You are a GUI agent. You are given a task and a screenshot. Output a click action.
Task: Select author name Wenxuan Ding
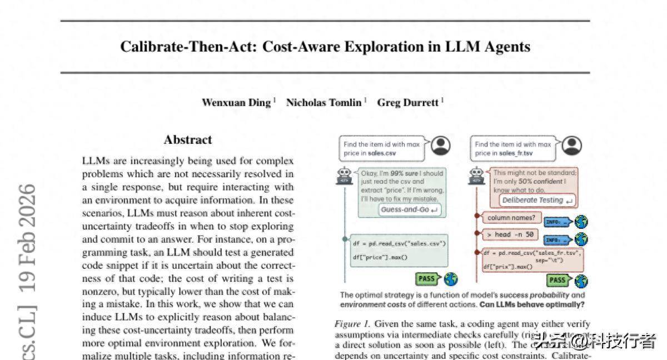(x=236, y=103)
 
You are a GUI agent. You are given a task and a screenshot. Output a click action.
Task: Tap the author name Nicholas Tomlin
(x=323, y=103)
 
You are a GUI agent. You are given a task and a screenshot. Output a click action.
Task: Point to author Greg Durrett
(x=407, y=103)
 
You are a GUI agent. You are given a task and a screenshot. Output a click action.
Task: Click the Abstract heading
(x=188, y=140)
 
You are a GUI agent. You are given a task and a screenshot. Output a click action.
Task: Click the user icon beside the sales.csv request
(x=441, y=146)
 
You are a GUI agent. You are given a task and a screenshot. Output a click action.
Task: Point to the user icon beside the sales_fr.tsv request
(x=571, y=146)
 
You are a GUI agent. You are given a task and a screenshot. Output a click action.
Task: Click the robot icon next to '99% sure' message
(x=345, y=176)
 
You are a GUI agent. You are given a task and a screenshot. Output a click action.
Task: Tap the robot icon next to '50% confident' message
(x=476, y=176)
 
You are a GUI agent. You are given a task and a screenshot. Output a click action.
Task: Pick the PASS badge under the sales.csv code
(x=427, y=278)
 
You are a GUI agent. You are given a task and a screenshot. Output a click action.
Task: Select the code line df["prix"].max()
(x=507, y=267)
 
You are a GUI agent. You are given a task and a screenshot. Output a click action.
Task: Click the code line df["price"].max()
(x=380, y=257)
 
